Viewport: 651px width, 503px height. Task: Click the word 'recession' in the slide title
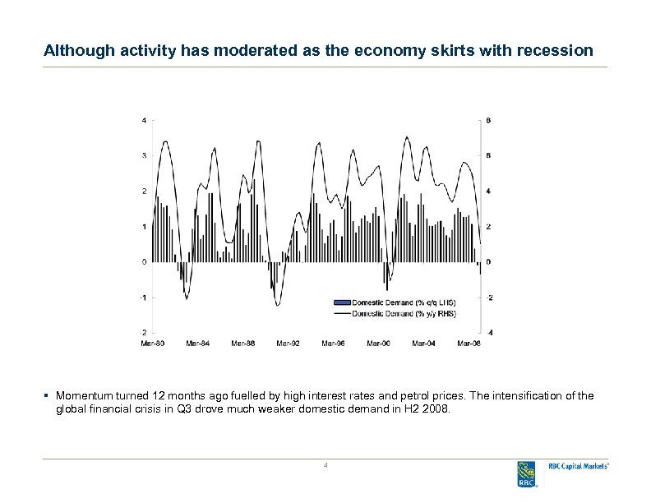tap(556, 51)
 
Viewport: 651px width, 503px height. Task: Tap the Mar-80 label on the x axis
tap(153, 343)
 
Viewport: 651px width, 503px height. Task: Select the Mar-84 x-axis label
tap(198, 343)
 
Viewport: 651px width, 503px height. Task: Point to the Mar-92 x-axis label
tap(288, 343)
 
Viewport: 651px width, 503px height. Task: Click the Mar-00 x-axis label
tap(378, 343)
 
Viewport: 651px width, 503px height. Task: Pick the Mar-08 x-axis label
tap(469, 343)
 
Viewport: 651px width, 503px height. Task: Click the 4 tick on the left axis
tap(145, 120)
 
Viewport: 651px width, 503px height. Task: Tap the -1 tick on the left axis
tap(144, 298)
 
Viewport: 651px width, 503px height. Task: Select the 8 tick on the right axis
tap(489, 120)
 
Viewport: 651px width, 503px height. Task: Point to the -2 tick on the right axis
tap(490, 298)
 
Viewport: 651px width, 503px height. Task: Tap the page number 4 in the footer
tap(325, 467)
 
